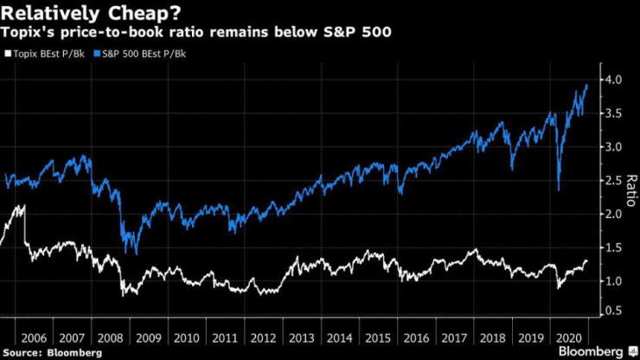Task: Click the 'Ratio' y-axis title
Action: pos(631,196)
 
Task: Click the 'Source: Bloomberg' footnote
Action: pos(52,352)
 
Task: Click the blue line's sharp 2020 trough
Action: pos(559,190)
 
